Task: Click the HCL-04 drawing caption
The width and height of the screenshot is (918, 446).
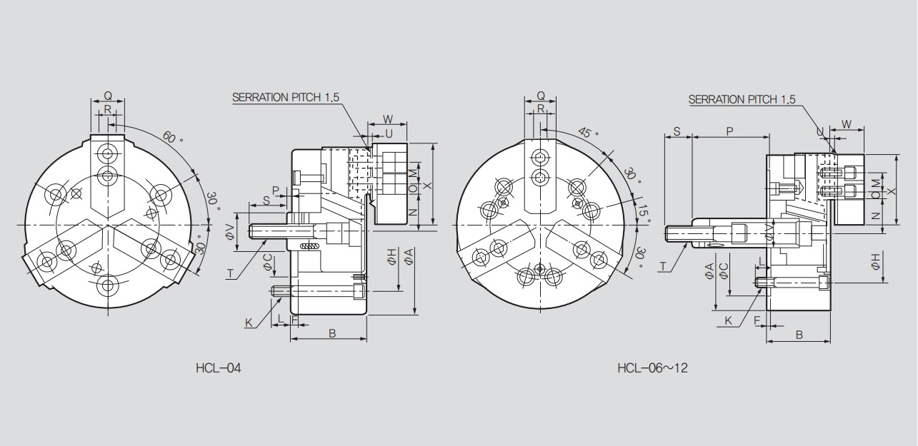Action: [x=218, y=368]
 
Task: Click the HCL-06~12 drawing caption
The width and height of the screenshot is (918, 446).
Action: [x=652, y=368]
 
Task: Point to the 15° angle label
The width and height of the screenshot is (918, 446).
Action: [x=644, y=214]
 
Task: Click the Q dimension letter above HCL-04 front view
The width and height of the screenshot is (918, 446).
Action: [x=108, y=95]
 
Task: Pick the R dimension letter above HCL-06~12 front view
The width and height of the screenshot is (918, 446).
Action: [x=541, y=108]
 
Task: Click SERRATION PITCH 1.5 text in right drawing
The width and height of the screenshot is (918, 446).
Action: [x=742, y=100]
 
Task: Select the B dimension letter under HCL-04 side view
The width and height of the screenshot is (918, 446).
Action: [x=331, y=333]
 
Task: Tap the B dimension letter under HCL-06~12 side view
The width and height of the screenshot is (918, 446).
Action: [x=799, y=334]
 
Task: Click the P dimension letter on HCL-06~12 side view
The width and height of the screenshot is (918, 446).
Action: [x=729, y=131]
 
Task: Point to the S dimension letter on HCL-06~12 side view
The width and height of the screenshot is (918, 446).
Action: [x=677, y=131]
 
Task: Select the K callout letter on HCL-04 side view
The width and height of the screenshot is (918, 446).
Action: [x=249, y=323]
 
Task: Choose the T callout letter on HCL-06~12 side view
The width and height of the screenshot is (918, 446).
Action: [x=663, y=266]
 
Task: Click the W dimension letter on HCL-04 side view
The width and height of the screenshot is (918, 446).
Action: [x=388, y=118]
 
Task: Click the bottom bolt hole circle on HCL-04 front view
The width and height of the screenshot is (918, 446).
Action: [x=108, y=285]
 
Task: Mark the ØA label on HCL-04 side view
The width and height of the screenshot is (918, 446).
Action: [x=409, y=258]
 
